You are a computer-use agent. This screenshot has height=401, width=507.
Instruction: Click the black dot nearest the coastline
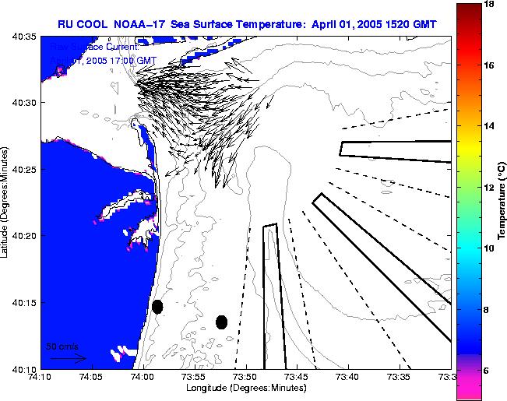pos(157,307)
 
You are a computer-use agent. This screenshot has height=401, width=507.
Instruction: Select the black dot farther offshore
pos(222,322)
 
